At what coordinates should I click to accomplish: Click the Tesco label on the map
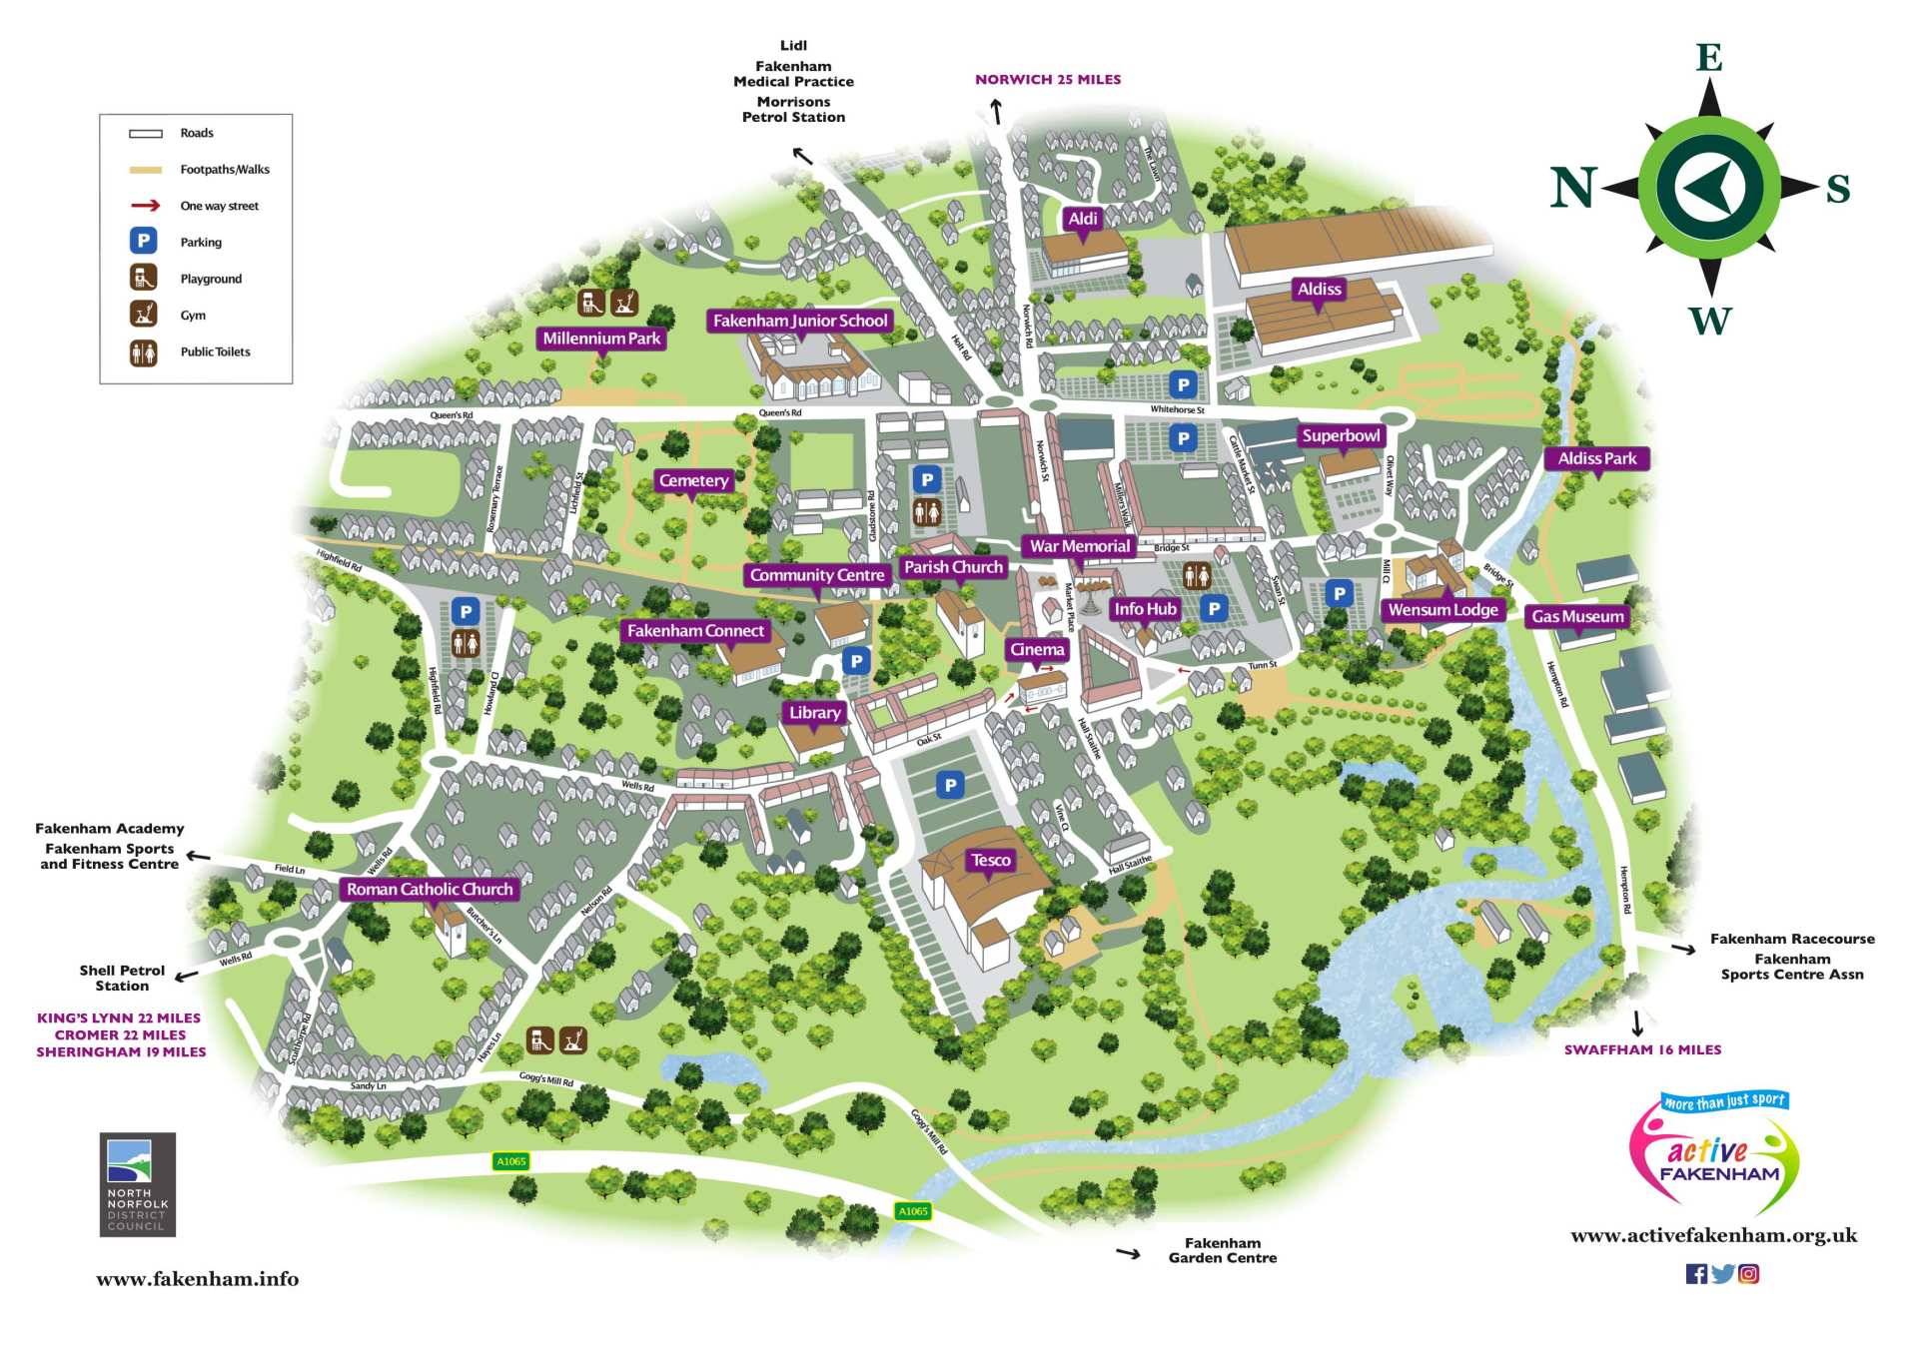(990, 860)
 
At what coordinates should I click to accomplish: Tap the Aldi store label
(1083, 219)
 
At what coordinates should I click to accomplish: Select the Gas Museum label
(1577, 617)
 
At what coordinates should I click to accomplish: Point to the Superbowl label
(1341, 436)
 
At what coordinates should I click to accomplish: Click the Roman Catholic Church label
(430, 889)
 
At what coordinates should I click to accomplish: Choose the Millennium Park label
(601, 339)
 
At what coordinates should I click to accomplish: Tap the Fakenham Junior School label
(799, 321)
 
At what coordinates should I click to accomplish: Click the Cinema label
(1037, 650)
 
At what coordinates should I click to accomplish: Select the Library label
(814, 713)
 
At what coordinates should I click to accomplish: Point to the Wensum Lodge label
(1442, 610)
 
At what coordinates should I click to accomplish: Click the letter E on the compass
(1709, 58)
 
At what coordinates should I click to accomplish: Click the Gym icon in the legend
(144, 315)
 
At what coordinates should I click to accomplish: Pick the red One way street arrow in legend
(145, 206)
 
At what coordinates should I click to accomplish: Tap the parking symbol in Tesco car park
(950, 785)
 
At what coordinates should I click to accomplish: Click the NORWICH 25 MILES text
(1048, 80)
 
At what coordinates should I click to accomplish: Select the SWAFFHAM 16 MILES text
(1642, 1049)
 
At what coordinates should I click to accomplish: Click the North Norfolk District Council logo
(138, 1184)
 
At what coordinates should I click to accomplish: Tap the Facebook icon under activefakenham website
(1695, 1273)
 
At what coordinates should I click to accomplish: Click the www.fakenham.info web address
(197, 1279)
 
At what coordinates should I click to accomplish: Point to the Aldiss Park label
(1596, 458)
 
